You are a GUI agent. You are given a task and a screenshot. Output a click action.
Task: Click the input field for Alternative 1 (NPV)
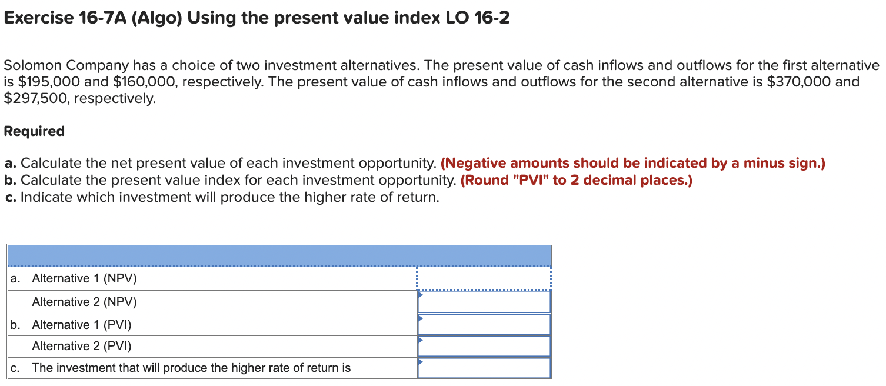click(x=484, y=278)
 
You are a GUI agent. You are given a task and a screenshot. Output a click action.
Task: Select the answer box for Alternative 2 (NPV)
click(x=484, y=302)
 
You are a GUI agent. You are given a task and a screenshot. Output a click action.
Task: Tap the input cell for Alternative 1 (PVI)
click(x=484, y=324)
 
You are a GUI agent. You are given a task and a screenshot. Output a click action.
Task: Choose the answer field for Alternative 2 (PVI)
click(x=484, y=346)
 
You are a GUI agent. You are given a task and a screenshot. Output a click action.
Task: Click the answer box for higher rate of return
click(x=484, y=368)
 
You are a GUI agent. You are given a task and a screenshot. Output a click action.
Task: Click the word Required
click(x=34, y=131)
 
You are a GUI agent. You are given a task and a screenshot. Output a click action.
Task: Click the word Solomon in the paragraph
click(x=32, y=65)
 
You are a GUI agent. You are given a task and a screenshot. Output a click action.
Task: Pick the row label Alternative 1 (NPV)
click(x=84, y=278)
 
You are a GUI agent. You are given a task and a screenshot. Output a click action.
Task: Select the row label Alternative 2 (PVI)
click(x=82, y=346)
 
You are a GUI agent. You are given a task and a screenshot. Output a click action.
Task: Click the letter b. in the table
click(x=16, y=324)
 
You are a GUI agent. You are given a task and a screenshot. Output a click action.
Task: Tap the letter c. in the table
click(x=15, y=368)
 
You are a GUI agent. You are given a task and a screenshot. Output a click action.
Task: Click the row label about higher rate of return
click(x=191, y=368)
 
